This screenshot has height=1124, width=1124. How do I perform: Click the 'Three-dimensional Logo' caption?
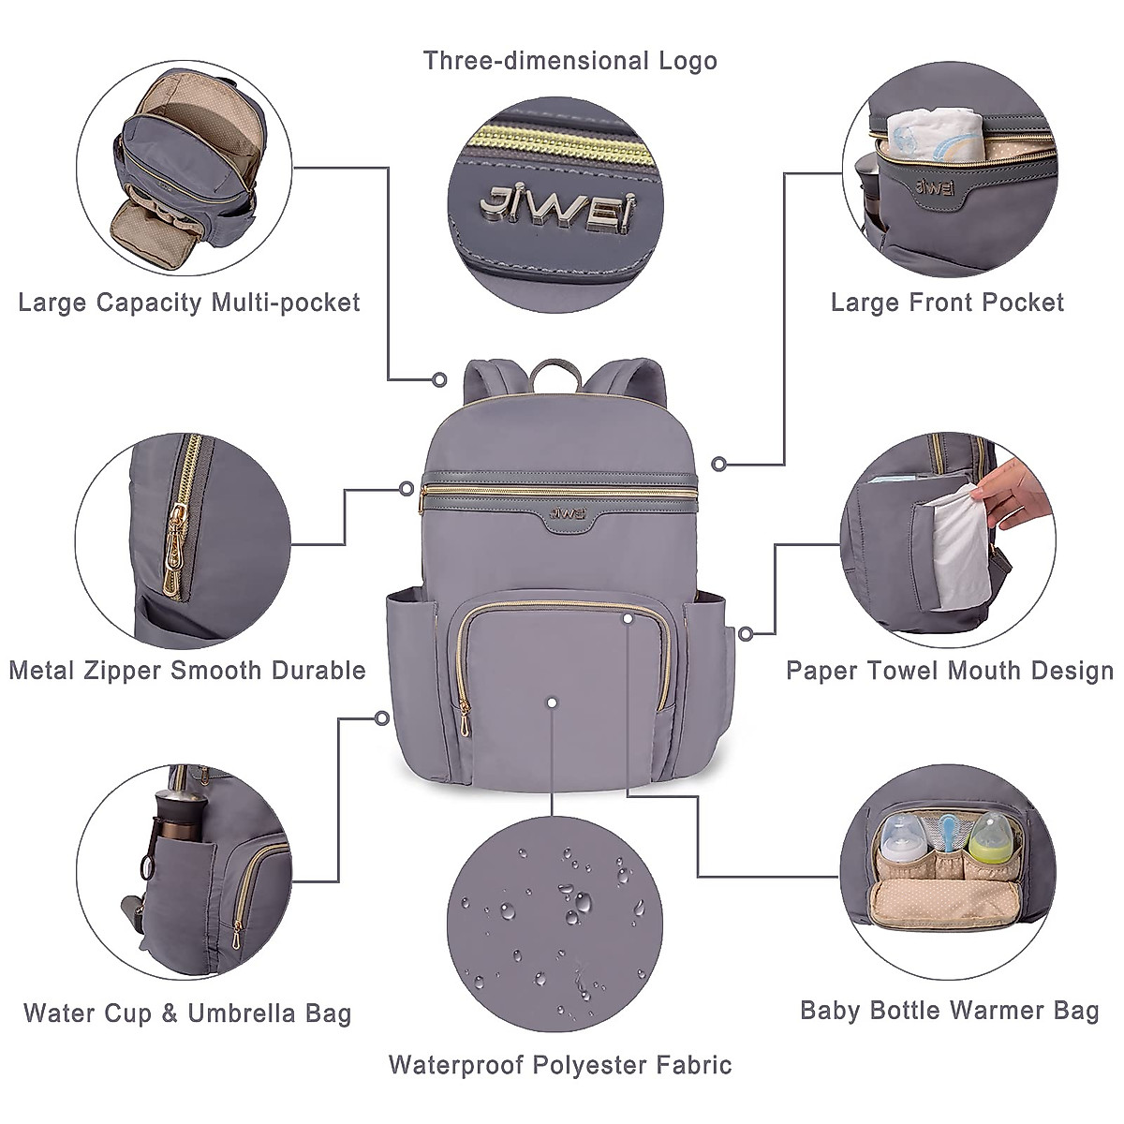tap(569, 62)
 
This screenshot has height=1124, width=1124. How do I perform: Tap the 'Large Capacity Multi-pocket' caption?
tap(189, 303)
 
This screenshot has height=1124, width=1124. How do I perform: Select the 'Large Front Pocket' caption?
tap(947, 303)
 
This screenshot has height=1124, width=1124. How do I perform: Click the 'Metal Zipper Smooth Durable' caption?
tap(187, 671)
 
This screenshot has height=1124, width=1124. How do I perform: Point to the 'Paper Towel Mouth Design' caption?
tap(949, 671)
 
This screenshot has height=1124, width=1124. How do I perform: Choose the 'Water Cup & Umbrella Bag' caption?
tap(187, 1013)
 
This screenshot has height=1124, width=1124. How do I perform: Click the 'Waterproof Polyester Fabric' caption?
tap(560, 1065)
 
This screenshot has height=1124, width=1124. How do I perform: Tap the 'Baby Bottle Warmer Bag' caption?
tap(949, 1011)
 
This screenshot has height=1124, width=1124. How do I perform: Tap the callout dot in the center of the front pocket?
tap(553, 702)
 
